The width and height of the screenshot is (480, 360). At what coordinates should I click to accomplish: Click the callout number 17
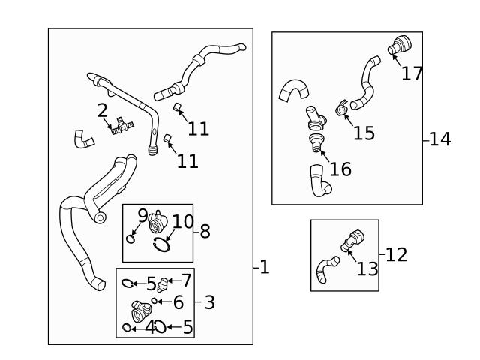click(x=412, y=73)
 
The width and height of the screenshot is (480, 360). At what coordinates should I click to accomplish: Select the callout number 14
click(x=440, y=139)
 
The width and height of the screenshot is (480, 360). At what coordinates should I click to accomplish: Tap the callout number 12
click(x=396, y=254)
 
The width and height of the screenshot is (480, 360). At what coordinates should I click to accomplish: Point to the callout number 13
click(x=367, y=268)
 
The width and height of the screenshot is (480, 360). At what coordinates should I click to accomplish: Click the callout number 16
click(x=340, y=169)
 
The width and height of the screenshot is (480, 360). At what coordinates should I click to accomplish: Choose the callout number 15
click(x=364, y=133)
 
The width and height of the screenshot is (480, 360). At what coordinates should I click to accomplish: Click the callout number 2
click(x=103, y=111)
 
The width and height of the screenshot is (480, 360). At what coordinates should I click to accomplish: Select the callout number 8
click(x=204, y=231)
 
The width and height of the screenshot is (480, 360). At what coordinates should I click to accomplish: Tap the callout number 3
click(x=209, y=302)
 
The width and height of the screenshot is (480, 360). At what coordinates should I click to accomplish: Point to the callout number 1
click(x=264, y=267)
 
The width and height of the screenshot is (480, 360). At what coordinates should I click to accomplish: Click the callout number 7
click(x=186, y=281)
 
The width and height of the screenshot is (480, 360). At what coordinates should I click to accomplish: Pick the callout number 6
click(x=178, y=302)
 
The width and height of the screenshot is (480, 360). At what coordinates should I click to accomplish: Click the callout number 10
click(x=183, y=222)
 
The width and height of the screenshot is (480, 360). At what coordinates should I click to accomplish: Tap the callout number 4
click(x=150, y=327)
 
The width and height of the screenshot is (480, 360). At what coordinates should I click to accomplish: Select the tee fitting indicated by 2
click(x=118, y=128)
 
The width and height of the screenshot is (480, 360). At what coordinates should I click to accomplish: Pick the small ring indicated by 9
click(x=130, y=239)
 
